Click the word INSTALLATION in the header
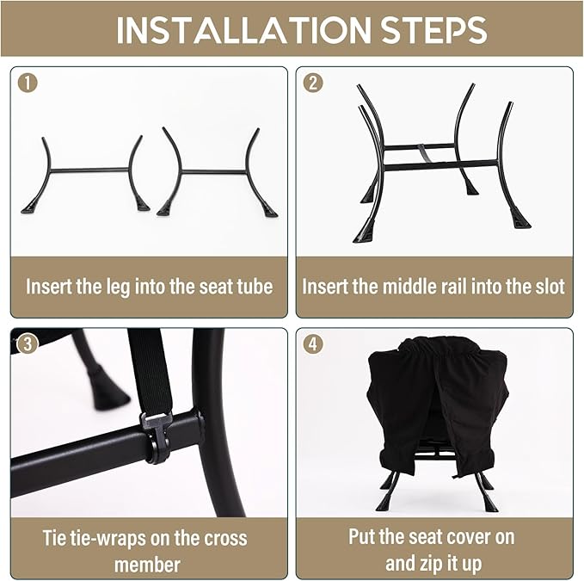[243, 30]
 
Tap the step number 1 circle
[28, 83]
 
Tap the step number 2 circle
[313, 83]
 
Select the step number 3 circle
[28, 343]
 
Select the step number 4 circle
[313, 343]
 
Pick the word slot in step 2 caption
[550, 287]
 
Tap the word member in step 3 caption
[147, 565]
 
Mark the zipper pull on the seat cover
[456, 476]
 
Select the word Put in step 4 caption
[361, 537]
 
